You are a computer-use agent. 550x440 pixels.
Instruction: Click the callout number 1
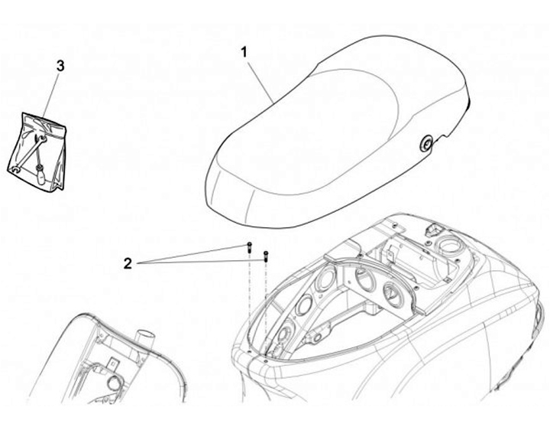(244, 53)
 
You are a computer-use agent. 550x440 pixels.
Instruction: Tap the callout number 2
(128, 263)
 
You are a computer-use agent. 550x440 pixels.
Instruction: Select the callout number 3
(60, 66)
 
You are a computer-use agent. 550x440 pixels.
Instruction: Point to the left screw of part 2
(249, 247)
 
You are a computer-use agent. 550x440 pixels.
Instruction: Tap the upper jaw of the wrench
(40, 139)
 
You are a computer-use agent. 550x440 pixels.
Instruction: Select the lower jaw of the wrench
(15, 169)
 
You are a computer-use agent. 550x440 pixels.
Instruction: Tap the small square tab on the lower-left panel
(112, 363)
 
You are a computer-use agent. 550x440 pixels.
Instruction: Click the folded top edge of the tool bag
(44, 122)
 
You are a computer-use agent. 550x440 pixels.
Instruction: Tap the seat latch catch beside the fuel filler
(432, 229)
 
